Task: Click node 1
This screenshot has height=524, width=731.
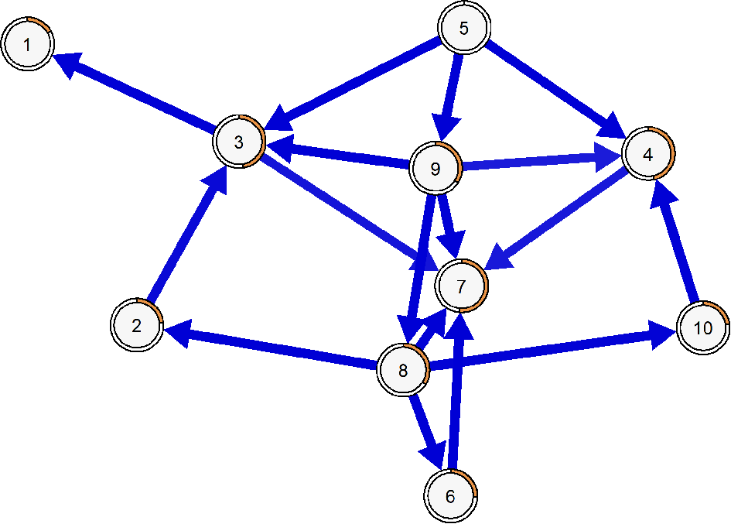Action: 28,45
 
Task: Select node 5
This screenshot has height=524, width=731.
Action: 464,29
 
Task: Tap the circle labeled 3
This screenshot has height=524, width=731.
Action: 239,142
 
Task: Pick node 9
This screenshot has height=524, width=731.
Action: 435,168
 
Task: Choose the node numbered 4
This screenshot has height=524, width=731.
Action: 647,153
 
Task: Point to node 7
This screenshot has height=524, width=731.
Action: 462,287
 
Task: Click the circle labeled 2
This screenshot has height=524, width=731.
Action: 137,325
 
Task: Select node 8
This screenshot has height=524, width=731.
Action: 403,370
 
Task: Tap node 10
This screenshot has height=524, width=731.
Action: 703,328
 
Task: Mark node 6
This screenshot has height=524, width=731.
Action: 451,495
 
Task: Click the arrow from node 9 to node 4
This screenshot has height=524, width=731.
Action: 534,161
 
